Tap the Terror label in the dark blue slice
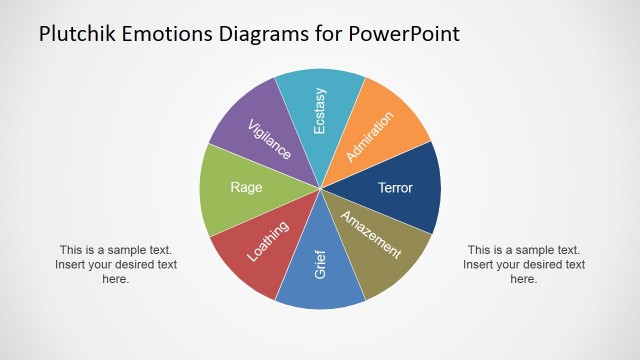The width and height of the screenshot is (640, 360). pyautogui.click(x=394, y=187)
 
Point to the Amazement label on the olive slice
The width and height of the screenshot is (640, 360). pyautogui.click(x=371, y=237)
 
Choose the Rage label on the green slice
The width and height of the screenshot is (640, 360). pyautogui.click(x=246, y=187)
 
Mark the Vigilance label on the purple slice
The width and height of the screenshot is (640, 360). pyautogui.click(x=269, y=138)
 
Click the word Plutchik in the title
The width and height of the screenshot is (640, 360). pyautogui.click(x=77, y=34)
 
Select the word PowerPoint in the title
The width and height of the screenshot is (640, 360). pyautogui.click(x=407, y=34)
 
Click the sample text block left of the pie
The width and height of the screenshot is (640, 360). pyautogui.click(x=116, y=265)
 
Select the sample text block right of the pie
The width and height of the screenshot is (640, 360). pyautogui.click(x=524, y=265)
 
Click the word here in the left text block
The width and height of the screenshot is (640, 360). pyautogui.click(x=116, y=280)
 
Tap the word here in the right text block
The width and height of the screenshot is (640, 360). pyautogui.click(x=524, y=280)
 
